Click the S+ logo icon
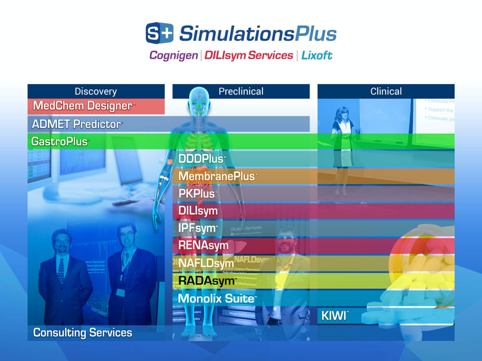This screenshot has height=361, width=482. click(x=160, y=33)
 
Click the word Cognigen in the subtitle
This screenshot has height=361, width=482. click(x=174, y=55)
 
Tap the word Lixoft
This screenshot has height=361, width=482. click(x=317, y=55)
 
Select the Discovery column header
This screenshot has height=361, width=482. click(x=96, y=91)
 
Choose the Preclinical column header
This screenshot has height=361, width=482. click(x=241, y=91)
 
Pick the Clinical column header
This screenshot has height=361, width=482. click(x=386, y=91)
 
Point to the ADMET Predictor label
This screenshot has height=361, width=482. click(x=77, y=124)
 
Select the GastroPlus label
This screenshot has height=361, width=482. click(x=59, y=142)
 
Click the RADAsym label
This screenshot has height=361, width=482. click(x=207, y=280)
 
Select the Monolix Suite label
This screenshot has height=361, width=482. click(x=216, y=298)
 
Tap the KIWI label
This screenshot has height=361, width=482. click(x=334, y=316)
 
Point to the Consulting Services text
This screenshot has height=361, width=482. click(x=82, y=333)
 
